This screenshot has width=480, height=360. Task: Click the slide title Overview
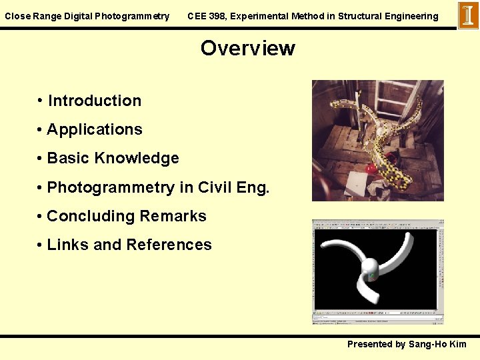(247, 48)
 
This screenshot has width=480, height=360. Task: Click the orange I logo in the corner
(468, 15)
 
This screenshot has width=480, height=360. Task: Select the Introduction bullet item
(95, 101)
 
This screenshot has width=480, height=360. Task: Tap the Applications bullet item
(95, 129)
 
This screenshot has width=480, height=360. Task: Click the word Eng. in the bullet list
(253, 187)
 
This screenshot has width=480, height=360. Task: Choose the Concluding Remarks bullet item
(127, 216)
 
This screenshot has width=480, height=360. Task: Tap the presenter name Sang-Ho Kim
(437, 344)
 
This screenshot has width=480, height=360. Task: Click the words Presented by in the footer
(376, 344)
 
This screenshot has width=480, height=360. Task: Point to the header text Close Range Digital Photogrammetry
(87, 16)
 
